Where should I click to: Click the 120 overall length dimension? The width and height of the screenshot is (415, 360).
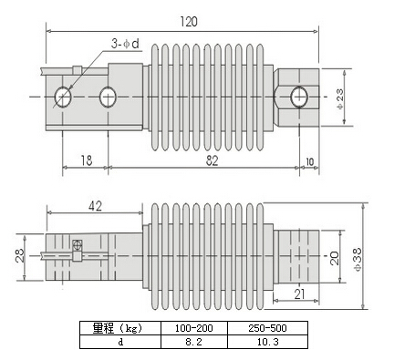coord(189,22)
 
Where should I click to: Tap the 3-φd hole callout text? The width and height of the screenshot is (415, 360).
coord(125,44)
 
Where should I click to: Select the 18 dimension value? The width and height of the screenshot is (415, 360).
coord(87,160)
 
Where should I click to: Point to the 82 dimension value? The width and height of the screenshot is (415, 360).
coord(212,160)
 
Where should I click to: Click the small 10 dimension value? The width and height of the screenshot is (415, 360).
coord(309,162)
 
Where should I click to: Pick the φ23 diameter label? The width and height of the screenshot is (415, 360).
coord(340,98)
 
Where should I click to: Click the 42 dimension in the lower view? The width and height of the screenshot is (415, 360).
coord(95,206)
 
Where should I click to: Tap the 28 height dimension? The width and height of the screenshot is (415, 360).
coord(19,256)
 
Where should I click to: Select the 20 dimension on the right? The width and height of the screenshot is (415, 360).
coord(334,258)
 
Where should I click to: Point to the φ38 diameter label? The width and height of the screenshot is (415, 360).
coord(358,259)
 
